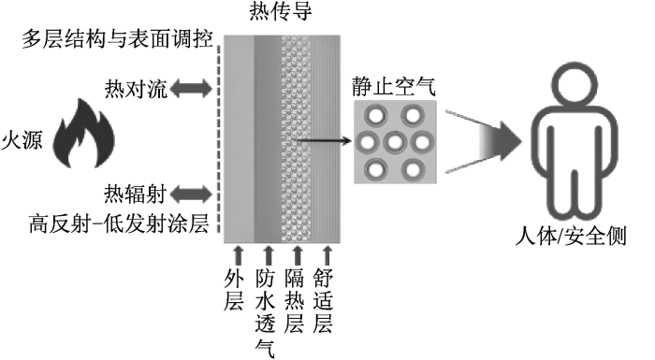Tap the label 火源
pyautogui.click(x=22, y=140)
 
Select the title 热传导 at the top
pyautogui.click(x=281, y=11)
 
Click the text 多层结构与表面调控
pyautogui.click(x=117, y=39)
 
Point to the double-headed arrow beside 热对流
pyautogui.click(x=191, y=89)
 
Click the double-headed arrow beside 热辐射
pyautogui.click(x=191, y=194)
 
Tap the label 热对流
pyautogui.click(x=136, y=89)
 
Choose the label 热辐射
pyautogui.click(x=136, y=194)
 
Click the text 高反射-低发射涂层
pyautogui.click(x=119, y=223)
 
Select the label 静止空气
pyautogui.click(x=394, y=86)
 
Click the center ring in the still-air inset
pyautogui.click(x=395, y=142)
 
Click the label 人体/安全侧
pyautogui.click(x=571, y=237)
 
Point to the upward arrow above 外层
pyautogui.click(x=238, y=254)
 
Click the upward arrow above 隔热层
pyautogui.click(x=298, y=254)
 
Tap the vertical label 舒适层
pyautogui.click(x=323, y=300)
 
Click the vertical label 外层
pyautogui.click(x=234, y=289)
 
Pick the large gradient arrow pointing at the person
pyautogui.click(x=484, y=141)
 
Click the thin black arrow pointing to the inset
pyautogui.click(x=324, y=141)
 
